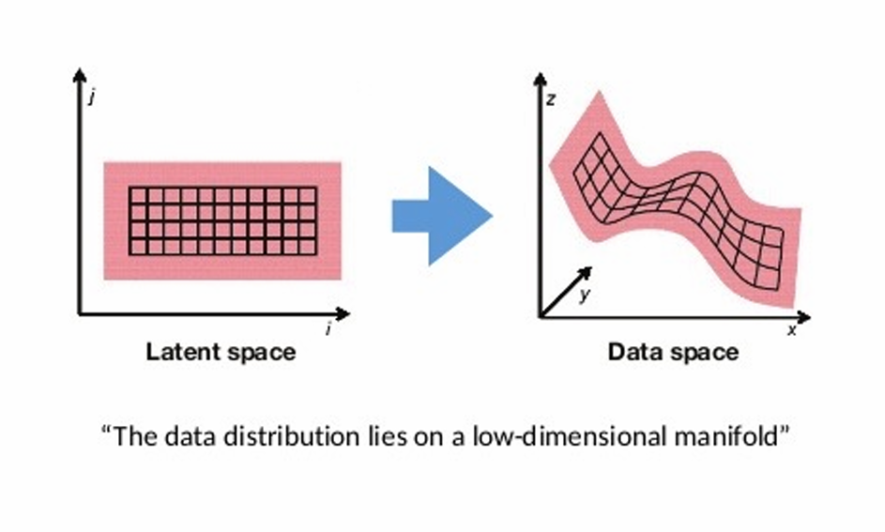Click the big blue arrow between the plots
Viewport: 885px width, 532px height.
(439, 216)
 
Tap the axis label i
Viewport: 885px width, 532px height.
(327, 330)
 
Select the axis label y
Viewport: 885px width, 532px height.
(584, 296)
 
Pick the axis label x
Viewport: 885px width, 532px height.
(791, 330)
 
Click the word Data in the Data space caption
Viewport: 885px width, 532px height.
(633, 353)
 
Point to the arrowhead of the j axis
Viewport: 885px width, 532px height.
(79, 76)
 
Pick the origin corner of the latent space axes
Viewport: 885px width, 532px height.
(79, 314)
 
